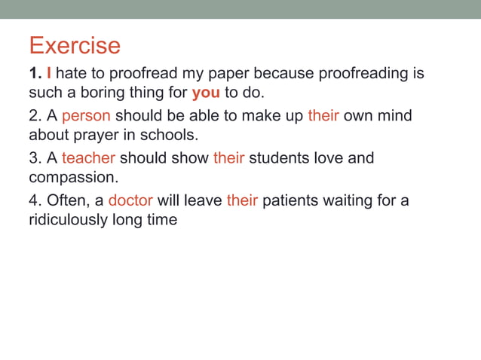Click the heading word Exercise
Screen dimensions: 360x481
[75, 46]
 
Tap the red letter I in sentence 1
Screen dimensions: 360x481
[49, 74]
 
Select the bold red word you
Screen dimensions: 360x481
[206, 93]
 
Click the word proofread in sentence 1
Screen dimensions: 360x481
[141, 75]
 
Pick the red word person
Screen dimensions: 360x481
[86, 117]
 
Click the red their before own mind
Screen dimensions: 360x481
[323, 117]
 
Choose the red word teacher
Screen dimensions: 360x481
[88, 159]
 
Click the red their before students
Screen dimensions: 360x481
[228, 159]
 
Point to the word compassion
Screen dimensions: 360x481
[72, 178]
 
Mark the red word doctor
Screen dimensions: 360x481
[130, 201]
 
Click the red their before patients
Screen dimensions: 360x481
[242, 201]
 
